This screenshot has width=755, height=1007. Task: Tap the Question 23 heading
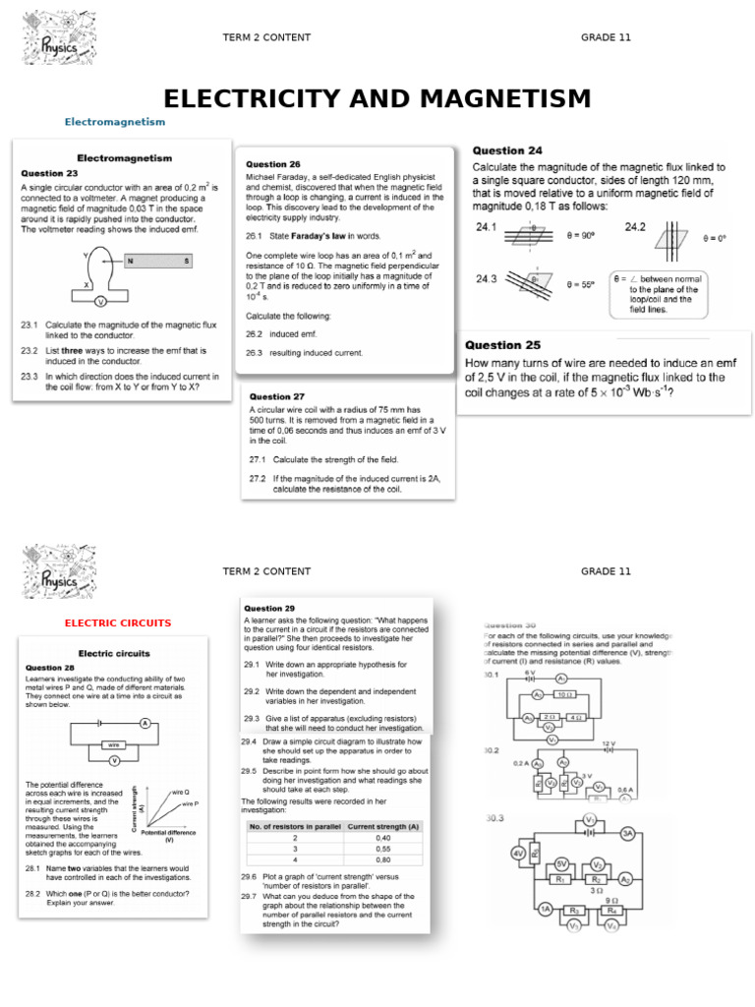click(x=49, y=173)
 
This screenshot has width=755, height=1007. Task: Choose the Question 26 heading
click(x=273, y=164)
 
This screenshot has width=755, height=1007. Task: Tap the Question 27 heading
click(x=277, y=397)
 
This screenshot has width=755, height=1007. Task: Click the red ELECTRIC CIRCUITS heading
click(x=118, y=622)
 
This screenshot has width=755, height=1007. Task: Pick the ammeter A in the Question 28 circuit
click(x=145, y=724)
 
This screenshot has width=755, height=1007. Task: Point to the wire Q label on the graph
click(x=180, y=792)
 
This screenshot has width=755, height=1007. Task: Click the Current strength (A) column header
click(x=383, y=827)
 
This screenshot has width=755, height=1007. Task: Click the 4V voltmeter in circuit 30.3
click(x=518, y=854)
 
